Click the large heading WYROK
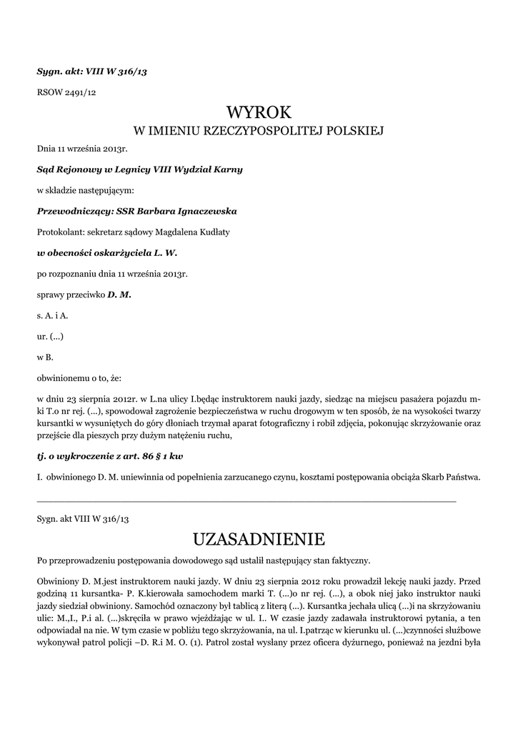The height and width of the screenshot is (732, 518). click(x=259, y=112)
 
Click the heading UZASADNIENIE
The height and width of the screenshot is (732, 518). click(x=259, y=537)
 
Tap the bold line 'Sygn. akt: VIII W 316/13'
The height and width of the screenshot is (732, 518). click(x=91, y=71)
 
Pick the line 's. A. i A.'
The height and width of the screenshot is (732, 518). click(x=52, y=315)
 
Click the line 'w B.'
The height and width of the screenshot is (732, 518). click(x=44, y=356)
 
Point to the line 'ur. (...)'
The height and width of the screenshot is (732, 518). click(x=54, y=335)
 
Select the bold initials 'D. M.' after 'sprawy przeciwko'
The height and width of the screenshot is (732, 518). click(x=119, y=294)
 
